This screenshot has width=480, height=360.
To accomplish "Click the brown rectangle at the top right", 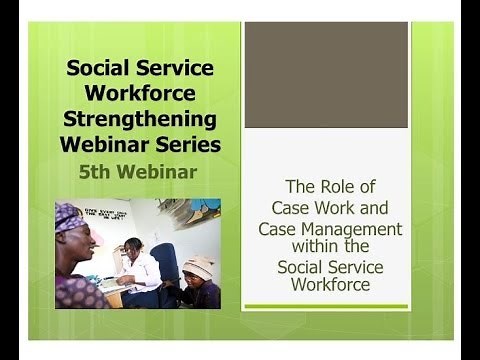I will point(326,75).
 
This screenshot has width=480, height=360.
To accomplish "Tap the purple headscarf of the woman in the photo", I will point(70,216).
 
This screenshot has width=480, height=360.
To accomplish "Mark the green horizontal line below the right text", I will point(326,306).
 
